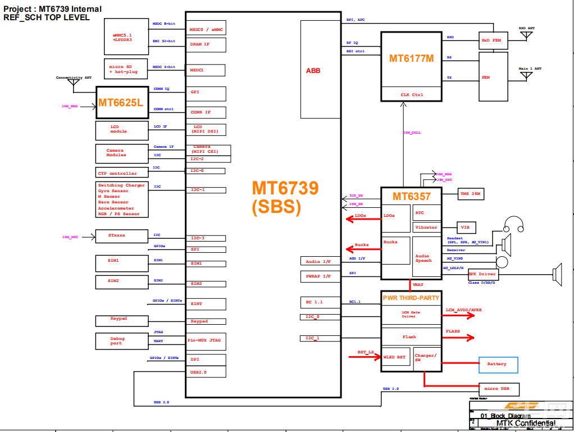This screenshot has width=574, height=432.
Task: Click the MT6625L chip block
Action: point(120,103)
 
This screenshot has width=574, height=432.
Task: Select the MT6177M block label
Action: point(411,58)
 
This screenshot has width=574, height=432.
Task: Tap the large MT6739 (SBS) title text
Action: point(285,197)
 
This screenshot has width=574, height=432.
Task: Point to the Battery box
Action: point(498,365)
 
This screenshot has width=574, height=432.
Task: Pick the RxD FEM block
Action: point(493,40)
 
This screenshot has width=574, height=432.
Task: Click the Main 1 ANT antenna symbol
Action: point(526,75)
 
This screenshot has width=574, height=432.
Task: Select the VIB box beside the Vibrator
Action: point(464,228)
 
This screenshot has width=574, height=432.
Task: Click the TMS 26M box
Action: point(470,194)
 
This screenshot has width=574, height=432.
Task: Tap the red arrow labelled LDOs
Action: point(359,220)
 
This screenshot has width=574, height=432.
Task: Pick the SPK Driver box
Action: point(482,274)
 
